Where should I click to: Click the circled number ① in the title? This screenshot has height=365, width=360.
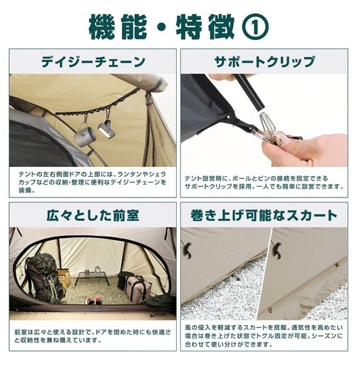click(x=255, y=28)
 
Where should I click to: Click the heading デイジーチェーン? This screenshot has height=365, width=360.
click(x=93, y=61)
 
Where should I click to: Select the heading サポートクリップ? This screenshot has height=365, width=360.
click(x=264, y=61)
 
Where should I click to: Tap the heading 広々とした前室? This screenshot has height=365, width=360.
click(x=93, y=215)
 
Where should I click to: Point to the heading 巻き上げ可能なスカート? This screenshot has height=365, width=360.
click(x=264, y=215)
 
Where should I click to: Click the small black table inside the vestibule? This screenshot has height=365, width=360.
click(x=93, y=277)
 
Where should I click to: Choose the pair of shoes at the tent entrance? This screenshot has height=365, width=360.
click(x=93, y=301)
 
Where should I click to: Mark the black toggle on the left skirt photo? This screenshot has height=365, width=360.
click(x=188, y=250)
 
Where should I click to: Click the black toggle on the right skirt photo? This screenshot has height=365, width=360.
click(x=277, y=249)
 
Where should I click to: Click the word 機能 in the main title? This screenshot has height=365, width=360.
click(x=118, y=28)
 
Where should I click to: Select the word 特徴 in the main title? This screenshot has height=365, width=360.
click(x=205, y=28)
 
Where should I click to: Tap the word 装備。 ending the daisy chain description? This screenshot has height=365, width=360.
click(x=26, y=190)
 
